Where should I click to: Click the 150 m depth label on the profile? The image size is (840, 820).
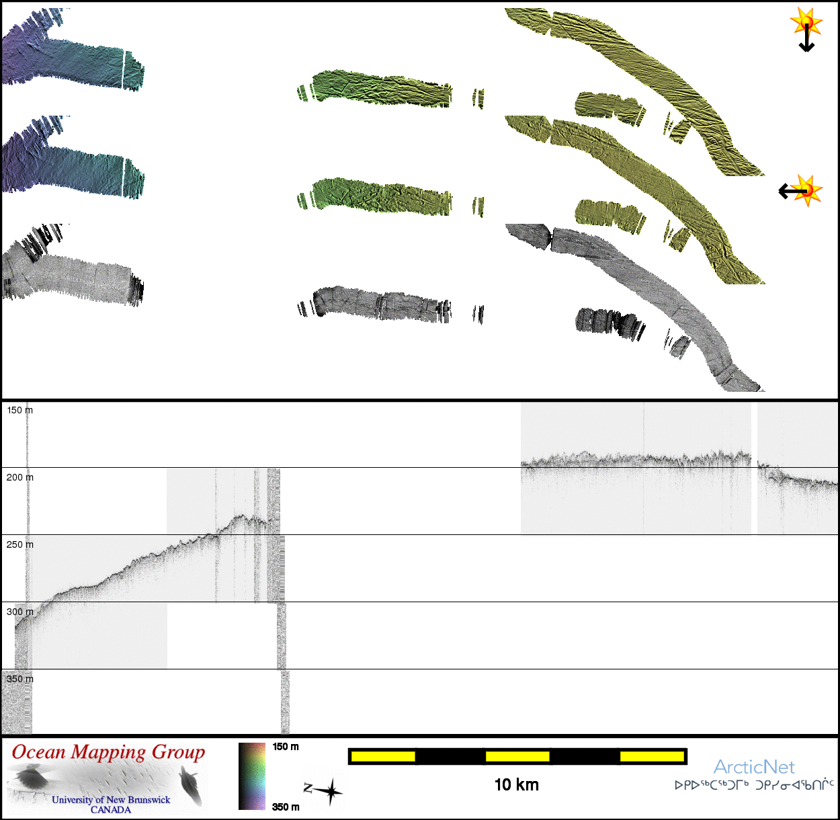[x=20, y=410]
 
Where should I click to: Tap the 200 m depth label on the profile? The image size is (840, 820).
[x=20, y=477]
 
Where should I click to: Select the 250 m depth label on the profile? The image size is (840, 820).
[x=20, y=544]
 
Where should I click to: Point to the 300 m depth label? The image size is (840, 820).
[x=20, y=612]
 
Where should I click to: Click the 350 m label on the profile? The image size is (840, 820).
[x=20, y=679]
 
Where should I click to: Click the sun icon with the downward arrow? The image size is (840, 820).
[x=806, y=30]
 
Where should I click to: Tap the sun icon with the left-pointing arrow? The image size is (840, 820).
[x=801, y=190]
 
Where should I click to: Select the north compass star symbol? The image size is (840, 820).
[x=325, y=791]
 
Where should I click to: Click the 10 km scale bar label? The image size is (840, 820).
[x=517, y=784]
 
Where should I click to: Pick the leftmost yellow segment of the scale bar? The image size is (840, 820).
[x=383, y=756]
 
